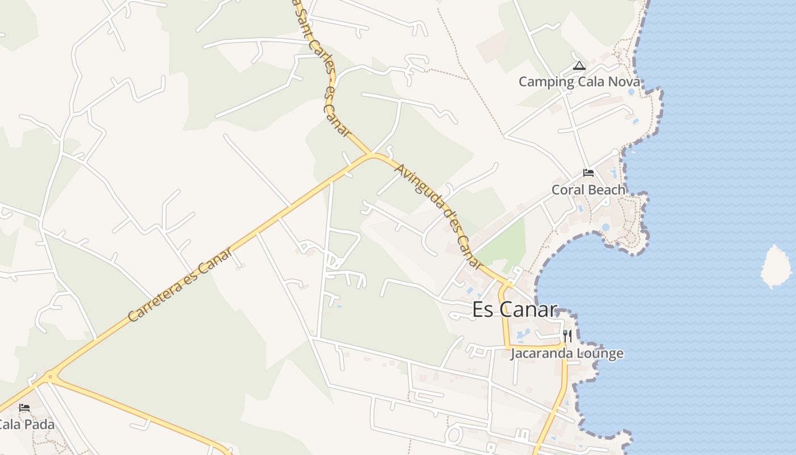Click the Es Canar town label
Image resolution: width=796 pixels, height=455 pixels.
[515, 309]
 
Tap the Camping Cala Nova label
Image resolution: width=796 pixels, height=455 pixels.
[579, 82]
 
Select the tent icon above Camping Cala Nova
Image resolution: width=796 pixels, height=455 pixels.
[579, 66]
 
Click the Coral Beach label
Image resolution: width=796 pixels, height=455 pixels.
[588, 190]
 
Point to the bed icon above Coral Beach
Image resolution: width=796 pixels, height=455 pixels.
[588, 173]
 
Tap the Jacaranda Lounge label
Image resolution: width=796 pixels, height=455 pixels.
[567, 354]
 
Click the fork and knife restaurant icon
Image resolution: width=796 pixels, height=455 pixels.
[567, 336]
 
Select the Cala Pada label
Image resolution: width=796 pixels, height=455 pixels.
[26, 425]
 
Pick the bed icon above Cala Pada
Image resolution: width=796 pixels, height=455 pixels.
[24, 408]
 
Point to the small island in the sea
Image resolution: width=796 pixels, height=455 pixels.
[776, 266]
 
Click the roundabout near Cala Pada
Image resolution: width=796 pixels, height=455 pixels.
[51, 376]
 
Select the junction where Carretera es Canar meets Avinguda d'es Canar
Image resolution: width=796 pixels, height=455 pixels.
[372, 154]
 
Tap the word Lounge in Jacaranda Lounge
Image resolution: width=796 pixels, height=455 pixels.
[600, 354]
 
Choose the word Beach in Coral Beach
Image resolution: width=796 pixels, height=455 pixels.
[607, 190]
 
